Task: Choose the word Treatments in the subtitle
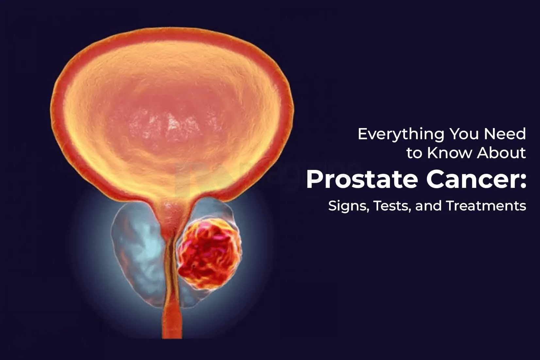[486, 206]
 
